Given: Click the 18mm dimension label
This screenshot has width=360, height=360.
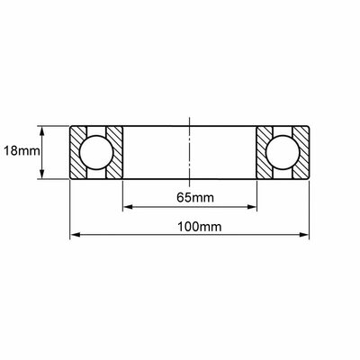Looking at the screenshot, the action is tap(22, 151).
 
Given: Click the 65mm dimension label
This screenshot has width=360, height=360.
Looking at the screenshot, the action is tap(195, 198).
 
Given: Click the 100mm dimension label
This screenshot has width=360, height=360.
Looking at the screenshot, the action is tap(200, 227).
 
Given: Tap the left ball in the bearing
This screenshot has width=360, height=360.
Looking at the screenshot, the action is tap(96, 153).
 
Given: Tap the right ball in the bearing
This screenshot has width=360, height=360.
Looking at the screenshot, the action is tap(283, 153).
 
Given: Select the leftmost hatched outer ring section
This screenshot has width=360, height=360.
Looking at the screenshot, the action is tap(78, 152).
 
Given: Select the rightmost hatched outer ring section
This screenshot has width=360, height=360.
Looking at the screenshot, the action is tap(301, 152).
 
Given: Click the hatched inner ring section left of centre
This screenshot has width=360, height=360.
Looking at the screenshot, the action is tap(114, 152).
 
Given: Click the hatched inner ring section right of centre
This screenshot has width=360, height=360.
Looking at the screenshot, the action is tap(265, 152).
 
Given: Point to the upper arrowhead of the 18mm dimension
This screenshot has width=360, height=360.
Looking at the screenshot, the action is tap(42, 130).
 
